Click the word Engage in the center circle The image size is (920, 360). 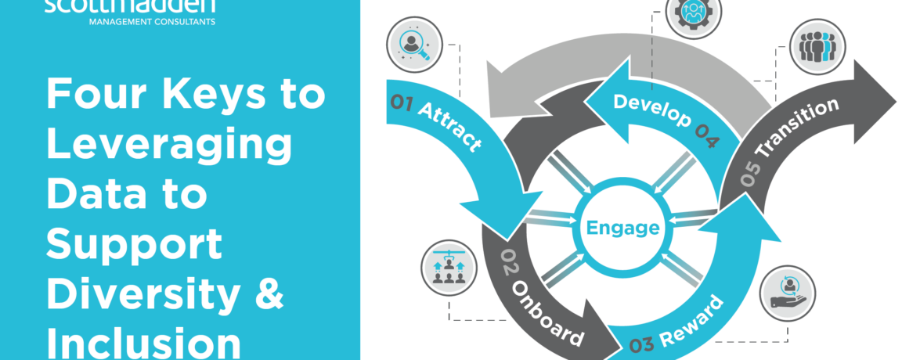click(x=622, y=229)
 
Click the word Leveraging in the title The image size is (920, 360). click(x=169, y=145)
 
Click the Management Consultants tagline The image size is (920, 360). click(x=131, y=20)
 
